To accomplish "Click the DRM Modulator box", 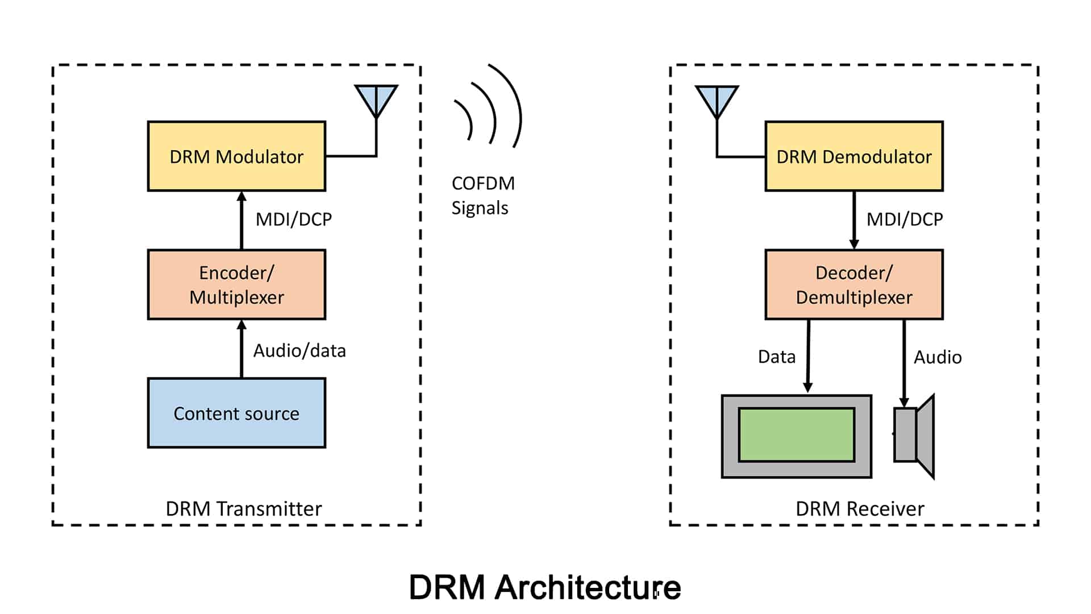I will [236, 156].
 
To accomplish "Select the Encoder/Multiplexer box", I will [236, 285].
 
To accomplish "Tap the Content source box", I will [236, 413].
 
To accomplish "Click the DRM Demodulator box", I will [854, 156].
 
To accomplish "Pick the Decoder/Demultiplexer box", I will [854, 285].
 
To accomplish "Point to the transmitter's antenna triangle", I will [376, 98].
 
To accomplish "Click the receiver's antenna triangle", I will [717, 98].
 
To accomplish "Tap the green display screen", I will [797, 435].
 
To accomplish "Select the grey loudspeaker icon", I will [915, 435].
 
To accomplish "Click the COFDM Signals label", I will [483, 196].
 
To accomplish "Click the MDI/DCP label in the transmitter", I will [294, 219].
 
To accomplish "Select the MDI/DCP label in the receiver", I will [905, 219].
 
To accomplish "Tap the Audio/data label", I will [299, 351].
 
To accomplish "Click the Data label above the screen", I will [777, 357].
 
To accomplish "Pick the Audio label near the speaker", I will [938, 358].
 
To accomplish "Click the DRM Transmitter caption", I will [243, 509].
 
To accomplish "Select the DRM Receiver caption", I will [860, 509].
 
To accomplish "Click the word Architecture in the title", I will [588, 587].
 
